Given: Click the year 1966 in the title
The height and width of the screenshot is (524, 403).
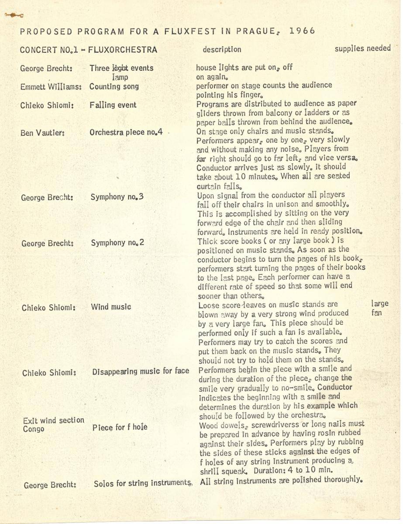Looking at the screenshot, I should click(x=302, y=31).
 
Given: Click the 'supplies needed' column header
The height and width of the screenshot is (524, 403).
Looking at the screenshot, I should click(x=362, y=48).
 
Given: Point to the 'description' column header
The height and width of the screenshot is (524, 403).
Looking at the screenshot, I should click(x=221, y=50).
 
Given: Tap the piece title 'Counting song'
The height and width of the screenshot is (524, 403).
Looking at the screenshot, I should click(x=114, y=86).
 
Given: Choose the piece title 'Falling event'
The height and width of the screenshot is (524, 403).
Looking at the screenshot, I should click(x=113, y=105).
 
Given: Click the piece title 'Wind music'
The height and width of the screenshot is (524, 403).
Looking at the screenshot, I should click(x=111, y=307).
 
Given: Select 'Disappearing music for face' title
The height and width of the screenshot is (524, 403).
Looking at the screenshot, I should click(x=141, y=372).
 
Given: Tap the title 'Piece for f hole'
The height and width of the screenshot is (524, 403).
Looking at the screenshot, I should click(x=120, y=427).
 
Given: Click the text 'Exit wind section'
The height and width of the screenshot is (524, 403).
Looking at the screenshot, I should click(x=54, y=421).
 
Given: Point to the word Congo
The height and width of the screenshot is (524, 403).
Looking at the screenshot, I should click(x=34, y=429).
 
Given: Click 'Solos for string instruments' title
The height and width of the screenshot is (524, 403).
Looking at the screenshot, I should click(x=143, y=484).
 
